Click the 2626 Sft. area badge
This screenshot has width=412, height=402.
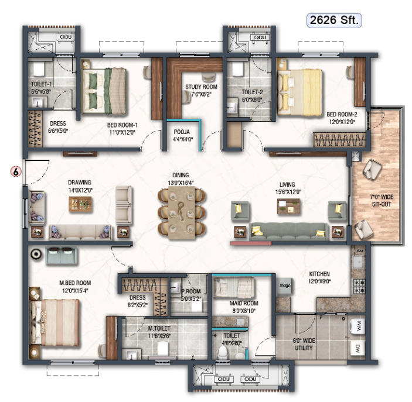click(x=334, y=20)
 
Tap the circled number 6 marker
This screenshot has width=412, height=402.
click(x=16, y=171)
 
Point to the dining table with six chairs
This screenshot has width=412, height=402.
click(x=181, y=211)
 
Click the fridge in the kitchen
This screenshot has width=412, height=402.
click(x=285, y=286)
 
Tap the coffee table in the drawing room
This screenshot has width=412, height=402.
click(x=80, y=203)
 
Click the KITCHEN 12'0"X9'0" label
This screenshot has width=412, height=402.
click(x=320, y=277)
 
